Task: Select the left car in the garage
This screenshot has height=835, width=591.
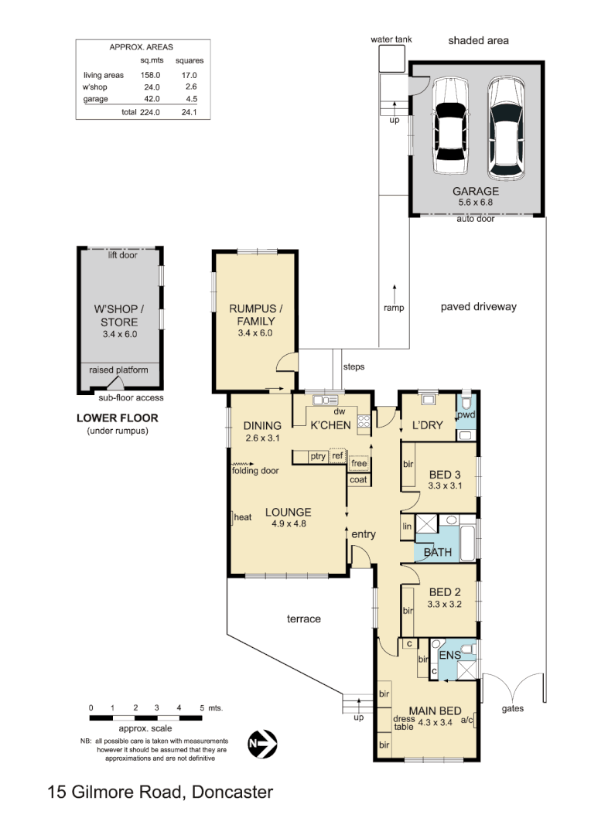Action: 449,125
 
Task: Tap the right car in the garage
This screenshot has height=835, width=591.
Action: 504,125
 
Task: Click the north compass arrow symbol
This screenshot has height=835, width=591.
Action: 262,744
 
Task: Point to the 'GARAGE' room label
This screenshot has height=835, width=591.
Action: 476,191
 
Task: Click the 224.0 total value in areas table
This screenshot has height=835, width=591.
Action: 149,112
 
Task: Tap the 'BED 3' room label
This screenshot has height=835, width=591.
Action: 444,474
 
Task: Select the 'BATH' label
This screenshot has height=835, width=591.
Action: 438,552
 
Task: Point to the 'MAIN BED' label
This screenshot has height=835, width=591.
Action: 436,711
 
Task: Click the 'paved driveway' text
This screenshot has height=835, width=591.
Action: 478,307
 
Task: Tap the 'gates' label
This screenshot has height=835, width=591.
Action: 513,707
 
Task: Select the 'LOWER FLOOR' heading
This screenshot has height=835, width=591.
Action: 117,418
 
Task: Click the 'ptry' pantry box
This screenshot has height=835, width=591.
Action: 318,456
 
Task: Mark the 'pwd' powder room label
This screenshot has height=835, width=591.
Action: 466,414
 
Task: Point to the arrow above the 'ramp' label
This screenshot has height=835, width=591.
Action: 395,291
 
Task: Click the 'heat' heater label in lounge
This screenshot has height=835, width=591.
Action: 244,518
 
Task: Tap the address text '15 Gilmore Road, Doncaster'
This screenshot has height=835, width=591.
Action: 160,792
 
